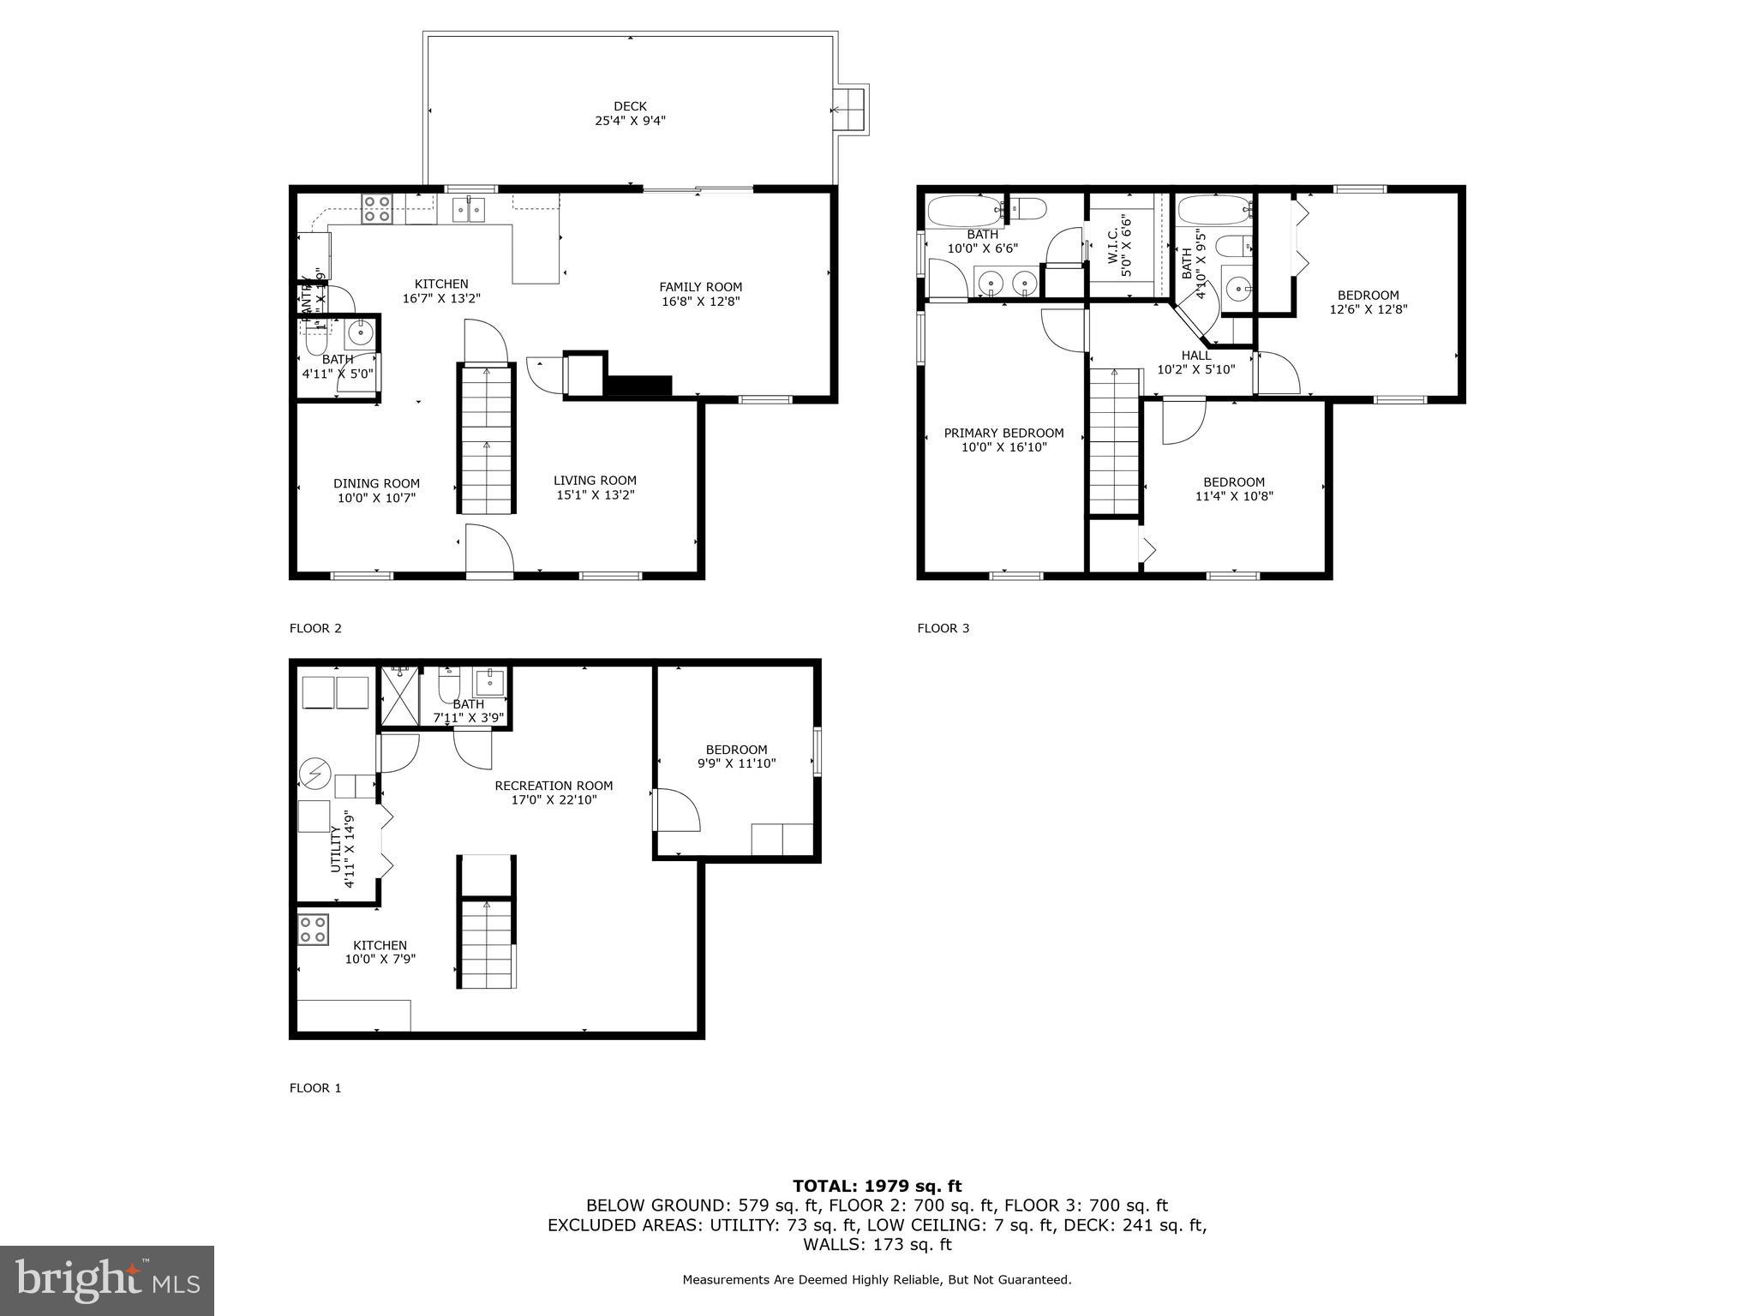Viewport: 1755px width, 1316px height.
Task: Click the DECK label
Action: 630,106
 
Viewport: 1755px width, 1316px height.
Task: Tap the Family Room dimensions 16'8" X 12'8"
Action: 700,302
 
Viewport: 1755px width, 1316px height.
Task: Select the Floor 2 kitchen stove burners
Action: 377,209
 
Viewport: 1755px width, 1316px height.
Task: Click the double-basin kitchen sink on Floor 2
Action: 469,209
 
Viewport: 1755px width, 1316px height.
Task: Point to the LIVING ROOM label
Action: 595,481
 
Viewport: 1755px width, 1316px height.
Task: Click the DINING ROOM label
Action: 376,483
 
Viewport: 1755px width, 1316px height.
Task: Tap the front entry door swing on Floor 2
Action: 488,547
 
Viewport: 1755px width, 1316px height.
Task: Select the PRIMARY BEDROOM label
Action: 1003,433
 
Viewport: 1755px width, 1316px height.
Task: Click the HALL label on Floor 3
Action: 1196,356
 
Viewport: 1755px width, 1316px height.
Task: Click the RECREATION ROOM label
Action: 554,786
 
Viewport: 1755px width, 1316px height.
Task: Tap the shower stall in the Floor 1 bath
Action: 399,697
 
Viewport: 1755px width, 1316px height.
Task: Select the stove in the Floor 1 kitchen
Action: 313,930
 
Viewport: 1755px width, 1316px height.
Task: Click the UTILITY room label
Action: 336,850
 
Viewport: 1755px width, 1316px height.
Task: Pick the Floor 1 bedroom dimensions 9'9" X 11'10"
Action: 736,763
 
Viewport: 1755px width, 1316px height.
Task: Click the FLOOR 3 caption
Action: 943,628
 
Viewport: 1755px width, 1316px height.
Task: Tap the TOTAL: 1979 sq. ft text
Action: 877,1186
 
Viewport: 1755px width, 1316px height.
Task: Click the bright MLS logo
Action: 107,1280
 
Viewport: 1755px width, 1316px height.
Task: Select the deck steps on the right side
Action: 851,110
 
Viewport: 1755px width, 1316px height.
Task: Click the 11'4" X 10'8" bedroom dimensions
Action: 1234,496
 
